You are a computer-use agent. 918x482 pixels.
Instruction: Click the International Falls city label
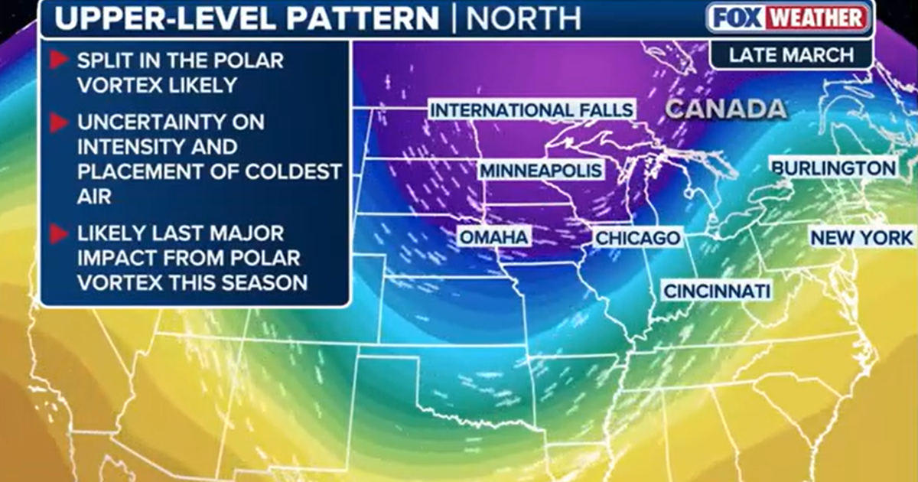(x=532, y=110)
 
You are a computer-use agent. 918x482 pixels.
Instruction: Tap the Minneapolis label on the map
(x=542, y=170)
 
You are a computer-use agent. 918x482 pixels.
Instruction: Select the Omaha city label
(x=493, y=237)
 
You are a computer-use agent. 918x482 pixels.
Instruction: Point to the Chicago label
(x=638, y=238)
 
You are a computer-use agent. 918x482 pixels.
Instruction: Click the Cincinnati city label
(x=716, y=291)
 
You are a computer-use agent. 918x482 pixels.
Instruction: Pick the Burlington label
(x=833, y=168)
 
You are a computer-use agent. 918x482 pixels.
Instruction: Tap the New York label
(x=862, y=238)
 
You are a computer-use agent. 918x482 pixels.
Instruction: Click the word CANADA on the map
(x=725, y=109)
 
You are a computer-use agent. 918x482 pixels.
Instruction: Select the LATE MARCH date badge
(x=791, y=55)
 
